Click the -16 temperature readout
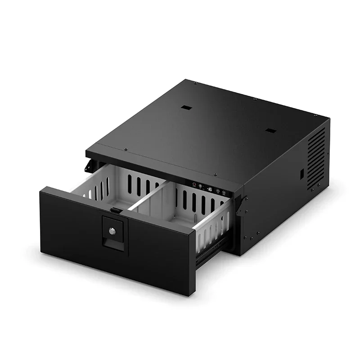pyautogui.click(x=210, y=189)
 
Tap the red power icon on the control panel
pyautogui.click(x=194, y=184)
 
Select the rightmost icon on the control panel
pyautogui.click(x=224, y=193)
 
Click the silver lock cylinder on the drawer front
pyautogui.click(x=112, y=231)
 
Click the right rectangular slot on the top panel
pyautogui.click(x=270, y=131)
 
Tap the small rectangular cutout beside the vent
pyautogui.click(x=302, y=173)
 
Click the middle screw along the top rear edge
pyautogui.click(x=255, y=99)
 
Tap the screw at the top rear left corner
pyautogui.click(x=194, y=83)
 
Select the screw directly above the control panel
pyautogui.click(x=215, y=175)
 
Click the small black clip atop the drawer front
pyautogui.click(x=116, y=211)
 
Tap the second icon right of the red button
pyautogui.click(x=218, y=191)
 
